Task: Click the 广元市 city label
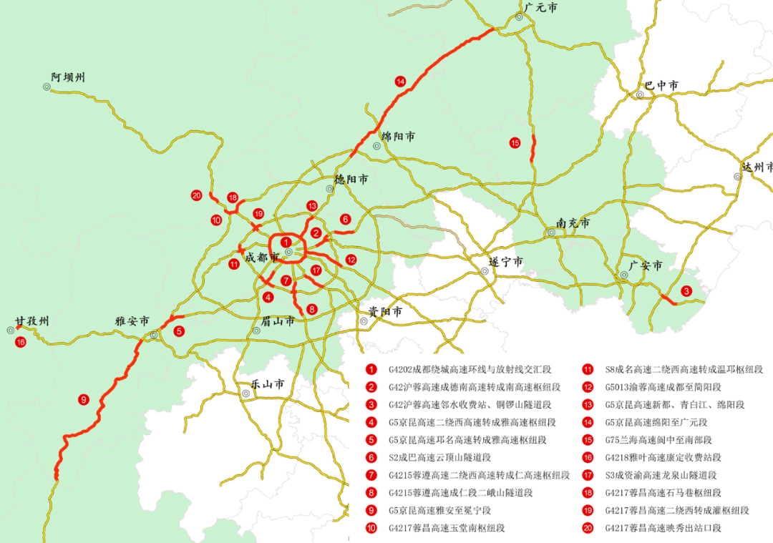tap(540, 8)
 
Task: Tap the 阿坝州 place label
tap(68, 77)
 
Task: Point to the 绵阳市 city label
tap(398, 136)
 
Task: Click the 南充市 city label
tap(573, 224)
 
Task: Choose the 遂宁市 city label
tap(506, 262)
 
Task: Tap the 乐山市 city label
tap(268, 384)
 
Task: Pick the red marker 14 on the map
tap(400, 82)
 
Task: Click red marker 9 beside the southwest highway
tap(84, 399)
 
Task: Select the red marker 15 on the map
tap(515, 143)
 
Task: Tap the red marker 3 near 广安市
tap(686, 291)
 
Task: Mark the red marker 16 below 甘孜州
tap(20, 342)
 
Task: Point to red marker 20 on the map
tap(196, 195)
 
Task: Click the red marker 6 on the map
tap(345, 219)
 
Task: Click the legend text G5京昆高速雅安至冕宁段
tap(440, 511)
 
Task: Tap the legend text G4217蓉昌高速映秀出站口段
tap(663, 528)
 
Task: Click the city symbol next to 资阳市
tap(364, 321)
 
